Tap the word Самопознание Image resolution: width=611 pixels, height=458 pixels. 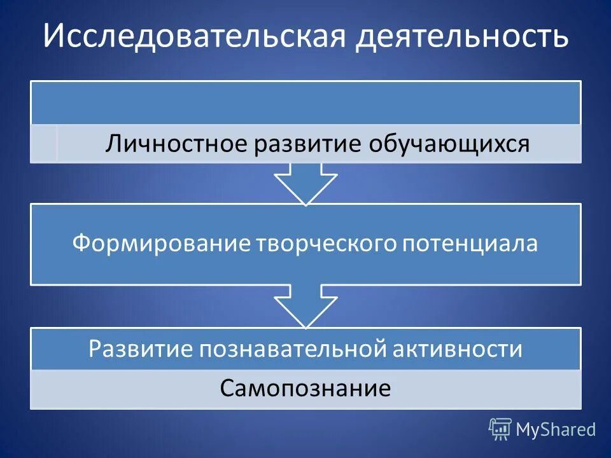(x=305, y=388)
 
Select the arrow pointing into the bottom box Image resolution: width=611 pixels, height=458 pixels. (x=305, y=306)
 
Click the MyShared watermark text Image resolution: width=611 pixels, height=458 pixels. (x=556, y=430)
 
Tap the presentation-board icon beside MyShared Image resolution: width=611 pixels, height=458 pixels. (x=500, y=429)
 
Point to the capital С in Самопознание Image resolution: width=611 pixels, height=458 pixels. (x=227, y=389)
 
